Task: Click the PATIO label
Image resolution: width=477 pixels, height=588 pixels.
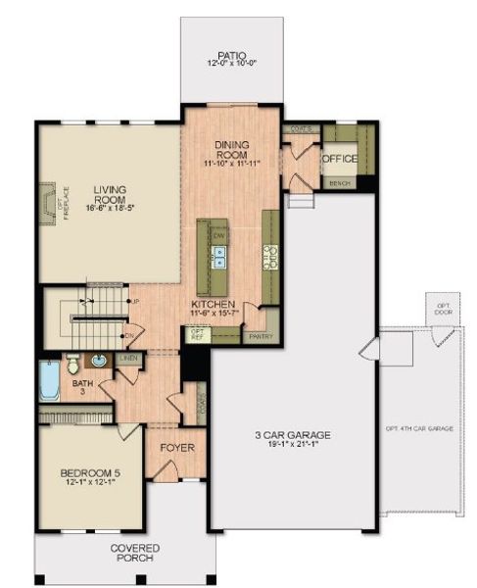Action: pyautogui.click(x=230, y=57)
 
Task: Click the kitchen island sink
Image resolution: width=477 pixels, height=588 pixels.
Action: pyautogui.click(x=219, y=257)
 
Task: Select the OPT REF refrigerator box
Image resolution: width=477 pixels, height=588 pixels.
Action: pyautogui.click(x=197, y=335)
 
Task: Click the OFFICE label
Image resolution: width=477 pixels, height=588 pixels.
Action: pyautogui.click(x=340, y=159)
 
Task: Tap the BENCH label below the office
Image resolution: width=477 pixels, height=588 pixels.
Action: pyautogui.click(x=340, y=183)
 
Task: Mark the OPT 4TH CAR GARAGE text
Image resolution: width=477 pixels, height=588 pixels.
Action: pyautogui.click(x=418, y=428)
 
